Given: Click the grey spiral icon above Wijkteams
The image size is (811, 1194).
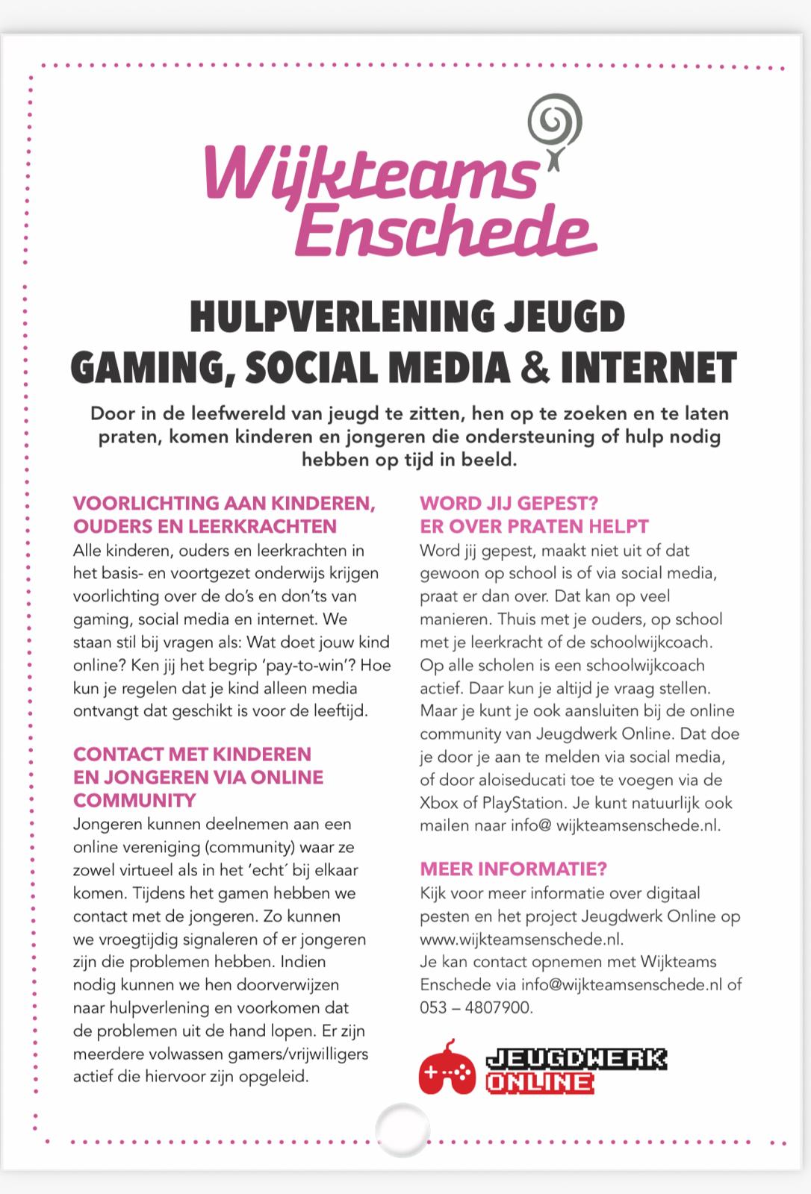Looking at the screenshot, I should point(554,124).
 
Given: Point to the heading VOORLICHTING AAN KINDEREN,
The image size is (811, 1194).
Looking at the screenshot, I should point(223,503).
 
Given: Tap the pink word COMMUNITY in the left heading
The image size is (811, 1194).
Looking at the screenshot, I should point(134,800).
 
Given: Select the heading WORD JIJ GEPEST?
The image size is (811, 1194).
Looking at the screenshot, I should point(509,503).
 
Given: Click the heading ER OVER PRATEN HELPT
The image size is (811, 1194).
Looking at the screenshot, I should point(534,526).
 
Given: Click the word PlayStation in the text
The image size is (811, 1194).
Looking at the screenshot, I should point(523,803).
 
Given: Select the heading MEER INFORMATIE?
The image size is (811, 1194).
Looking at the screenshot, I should point(513,869).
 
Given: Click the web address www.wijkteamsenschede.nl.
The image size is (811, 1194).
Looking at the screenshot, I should point(521,939).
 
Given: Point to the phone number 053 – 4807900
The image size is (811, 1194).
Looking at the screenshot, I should point(475,1007).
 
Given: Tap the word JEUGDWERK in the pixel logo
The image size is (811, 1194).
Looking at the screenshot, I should point(575,1058).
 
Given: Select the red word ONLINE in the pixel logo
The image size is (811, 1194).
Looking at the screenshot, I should point(539,1082).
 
